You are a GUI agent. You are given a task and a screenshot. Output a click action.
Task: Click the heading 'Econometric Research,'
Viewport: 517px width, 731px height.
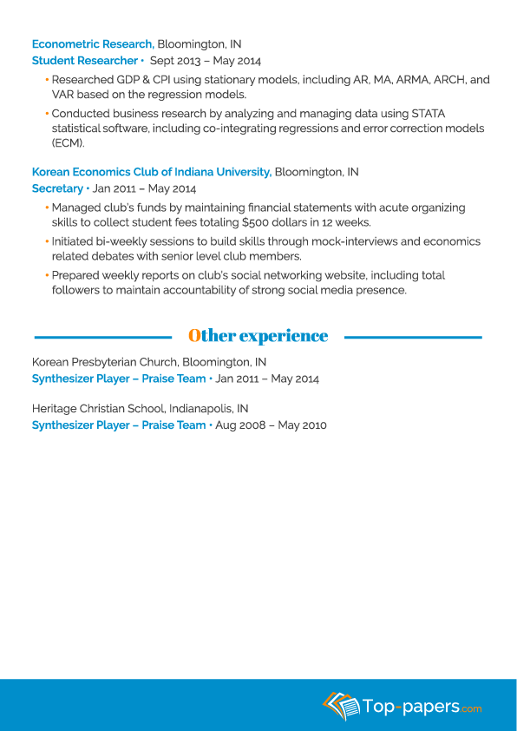coord(93,44)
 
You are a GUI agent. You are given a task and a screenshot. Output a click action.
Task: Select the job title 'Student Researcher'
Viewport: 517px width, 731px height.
coord(84,61)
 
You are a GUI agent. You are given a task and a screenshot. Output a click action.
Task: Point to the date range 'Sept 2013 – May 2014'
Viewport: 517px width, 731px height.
coord(205,61)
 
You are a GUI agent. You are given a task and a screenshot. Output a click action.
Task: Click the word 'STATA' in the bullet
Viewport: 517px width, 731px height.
coord(427,114)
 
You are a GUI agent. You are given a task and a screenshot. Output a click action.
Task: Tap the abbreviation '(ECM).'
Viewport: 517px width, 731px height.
coord(68,142)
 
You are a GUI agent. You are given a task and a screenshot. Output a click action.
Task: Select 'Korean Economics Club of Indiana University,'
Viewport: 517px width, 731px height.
coord(151,172)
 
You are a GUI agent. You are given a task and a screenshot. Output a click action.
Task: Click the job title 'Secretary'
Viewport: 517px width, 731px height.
coord(57,188)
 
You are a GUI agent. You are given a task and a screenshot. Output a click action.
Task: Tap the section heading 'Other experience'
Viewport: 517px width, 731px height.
coord(258,336)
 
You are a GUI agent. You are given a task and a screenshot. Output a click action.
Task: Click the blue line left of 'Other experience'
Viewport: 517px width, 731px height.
coord(102,337)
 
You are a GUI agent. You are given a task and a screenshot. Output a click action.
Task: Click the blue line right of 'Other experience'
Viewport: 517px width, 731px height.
coord(412,337)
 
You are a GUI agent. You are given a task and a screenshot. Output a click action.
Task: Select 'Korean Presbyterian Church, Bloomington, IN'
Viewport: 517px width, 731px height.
coord(149,362)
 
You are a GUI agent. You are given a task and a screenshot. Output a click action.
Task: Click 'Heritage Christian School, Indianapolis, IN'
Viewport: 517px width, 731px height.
coord(140,408)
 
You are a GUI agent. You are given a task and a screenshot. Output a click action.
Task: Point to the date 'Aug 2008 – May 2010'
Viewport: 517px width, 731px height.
coord(271,425)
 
